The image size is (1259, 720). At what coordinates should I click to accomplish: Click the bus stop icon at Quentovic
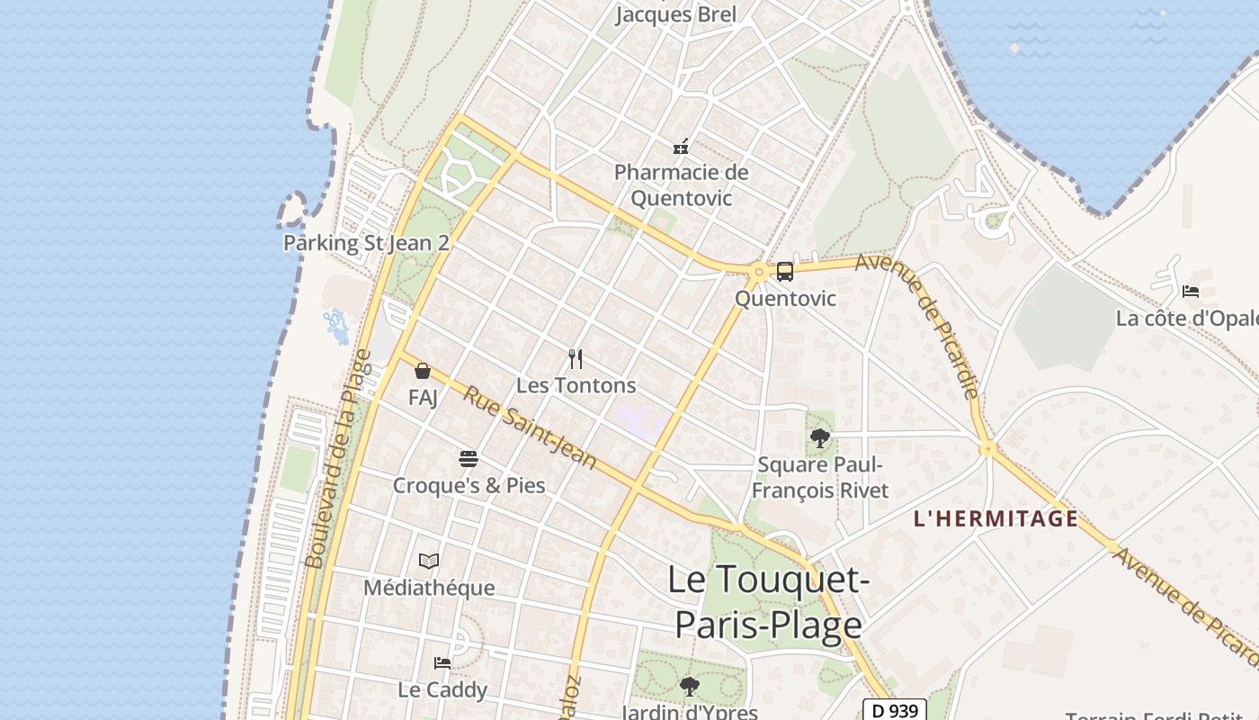[x=785, y=271]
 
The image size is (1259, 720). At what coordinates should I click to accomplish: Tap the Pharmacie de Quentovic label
[x=681, y=184]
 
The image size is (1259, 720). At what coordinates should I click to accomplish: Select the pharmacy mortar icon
[x=681, y=146]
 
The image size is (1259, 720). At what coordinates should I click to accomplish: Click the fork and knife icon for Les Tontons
[x=576, y=359]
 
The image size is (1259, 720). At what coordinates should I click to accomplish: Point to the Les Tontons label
[x=576, y=385]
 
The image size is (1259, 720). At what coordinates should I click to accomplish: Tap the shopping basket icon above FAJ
[x=423, y=371]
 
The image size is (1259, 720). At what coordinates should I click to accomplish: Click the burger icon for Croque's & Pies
[x=469, y=459]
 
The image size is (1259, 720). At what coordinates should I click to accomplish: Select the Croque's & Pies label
[x=469, y=485]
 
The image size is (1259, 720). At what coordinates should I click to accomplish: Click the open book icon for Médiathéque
[x=429, y=562]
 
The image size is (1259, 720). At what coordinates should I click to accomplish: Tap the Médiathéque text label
[x=429, y=588]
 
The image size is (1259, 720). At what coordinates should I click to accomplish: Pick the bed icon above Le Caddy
[x=442, y=663]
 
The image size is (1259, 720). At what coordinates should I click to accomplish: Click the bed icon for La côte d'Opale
[x=1191, y=292]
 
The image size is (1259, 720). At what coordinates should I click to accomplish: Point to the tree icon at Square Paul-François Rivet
[x=819, y=438]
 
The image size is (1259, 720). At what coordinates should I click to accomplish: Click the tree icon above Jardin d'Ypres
[x=689, y=687]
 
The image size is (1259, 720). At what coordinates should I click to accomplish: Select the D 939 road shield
[x=894, y=710]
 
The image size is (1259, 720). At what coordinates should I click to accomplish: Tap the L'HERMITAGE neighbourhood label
[x=996, y=518]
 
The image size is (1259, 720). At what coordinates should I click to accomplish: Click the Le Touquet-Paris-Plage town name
[x=769, y=601]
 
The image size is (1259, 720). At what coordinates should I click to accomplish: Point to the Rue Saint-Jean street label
[x=530, y=428]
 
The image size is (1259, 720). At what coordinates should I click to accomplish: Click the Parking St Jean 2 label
[x=366, y=243]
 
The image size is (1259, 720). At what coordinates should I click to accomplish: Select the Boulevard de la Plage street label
[x=338, y=459]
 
